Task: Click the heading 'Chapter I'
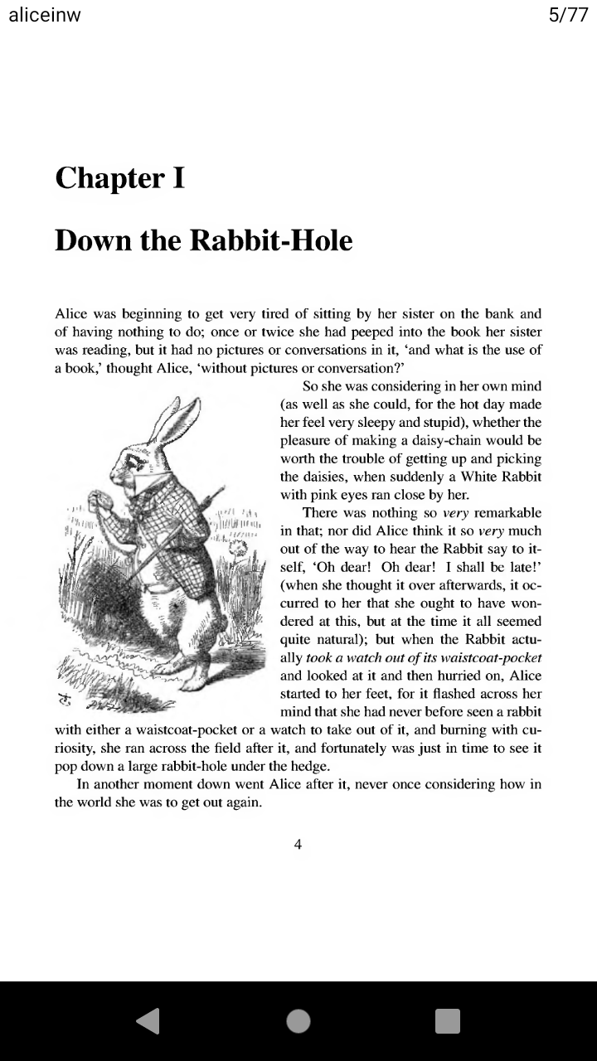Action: pos(119,177)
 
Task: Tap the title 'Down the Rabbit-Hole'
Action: pos(203,240)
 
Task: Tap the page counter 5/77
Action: pos(568,17)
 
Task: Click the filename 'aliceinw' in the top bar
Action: pos(45,17)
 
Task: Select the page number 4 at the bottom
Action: pos(298,845)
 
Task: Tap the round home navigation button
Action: pos(298,1021)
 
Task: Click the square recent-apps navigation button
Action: pos(448,1021)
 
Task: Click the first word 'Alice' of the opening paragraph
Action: pos(71,314)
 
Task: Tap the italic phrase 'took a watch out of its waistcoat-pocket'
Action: pos(424,657)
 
